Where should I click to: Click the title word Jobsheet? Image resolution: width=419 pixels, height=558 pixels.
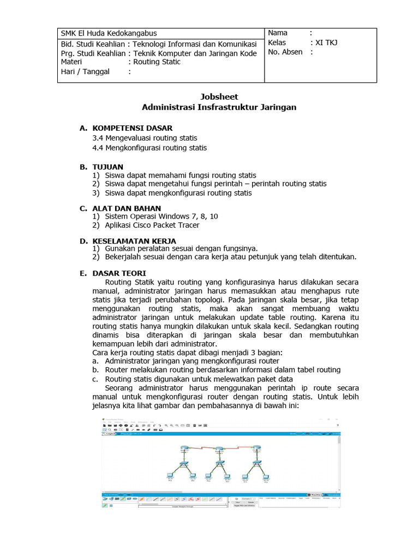point(219,96)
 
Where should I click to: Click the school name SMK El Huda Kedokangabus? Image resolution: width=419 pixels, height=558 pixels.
point(109,33)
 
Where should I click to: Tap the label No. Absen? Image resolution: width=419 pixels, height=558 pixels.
point(285,52)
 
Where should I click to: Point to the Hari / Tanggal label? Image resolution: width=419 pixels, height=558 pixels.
point(85,71)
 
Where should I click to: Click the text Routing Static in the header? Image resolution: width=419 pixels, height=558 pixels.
point(157,62)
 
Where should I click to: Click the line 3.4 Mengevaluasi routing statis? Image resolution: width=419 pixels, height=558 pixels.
point(145,138)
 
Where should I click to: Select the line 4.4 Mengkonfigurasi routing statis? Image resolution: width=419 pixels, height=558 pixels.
point(149,148)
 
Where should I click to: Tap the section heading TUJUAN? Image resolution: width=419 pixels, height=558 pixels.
point(107,167)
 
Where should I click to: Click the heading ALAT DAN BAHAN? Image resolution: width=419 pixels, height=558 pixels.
point(127,208)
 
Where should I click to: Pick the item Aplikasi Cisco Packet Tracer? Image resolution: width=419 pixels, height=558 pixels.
point(152,225)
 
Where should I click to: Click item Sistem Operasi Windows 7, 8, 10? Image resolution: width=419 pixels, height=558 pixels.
point(161,216)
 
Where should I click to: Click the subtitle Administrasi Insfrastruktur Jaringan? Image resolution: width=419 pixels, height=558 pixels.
point(219,107)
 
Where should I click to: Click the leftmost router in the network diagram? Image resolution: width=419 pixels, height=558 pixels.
point(183,449)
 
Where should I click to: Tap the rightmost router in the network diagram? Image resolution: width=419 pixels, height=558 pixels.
point(256,449)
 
